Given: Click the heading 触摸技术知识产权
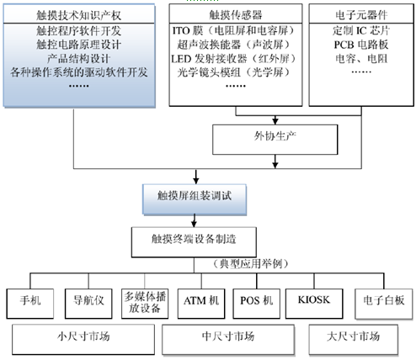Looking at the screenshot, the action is [x=78, y=15].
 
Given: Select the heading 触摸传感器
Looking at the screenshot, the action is [x=236, y=15].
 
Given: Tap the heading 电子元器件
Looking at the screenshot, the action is [x=361, y=15].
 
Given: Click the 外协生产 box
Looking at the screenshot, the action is [x=275, y=140].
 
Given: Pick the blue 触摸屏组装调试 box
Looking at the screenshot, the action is [x=195, y=199].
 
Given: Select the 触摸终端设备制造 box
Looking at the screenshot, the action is [x=194, y=242].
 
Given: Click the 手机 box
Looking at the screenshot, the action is [x=30, y=304].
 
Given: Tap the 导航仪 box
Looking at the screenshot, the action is [x=88, y=304].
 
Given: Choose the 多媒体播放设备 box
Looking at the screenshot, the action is [x=145, y=304].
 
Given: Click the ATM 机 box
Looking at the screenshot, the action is [x=201, y=304].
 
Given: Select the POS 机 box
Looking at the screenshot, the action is [x=257, y=304].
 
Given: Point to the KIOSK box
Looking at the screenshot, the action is [x=314, y=304].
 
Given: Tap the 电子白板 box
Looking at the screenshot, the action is [x=384, y=304].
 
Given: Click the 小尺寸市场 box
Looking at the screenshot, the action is [x=83, y=340].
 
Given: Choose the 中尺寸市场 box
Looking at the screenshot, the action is [x=228, y=340].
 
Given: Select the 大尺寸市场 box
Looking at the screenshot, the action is [x=354, y=340].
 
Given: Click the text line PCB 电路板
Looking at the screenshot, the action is [x=361, y=45].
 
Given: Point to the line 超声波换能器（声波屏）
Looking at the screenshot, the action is [x=233, y=45].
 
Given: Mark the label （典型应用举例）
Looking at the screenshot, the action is [x=251, y=264].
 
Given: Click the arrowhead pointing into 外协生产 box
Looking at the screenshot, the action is [x=275, y=121].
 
